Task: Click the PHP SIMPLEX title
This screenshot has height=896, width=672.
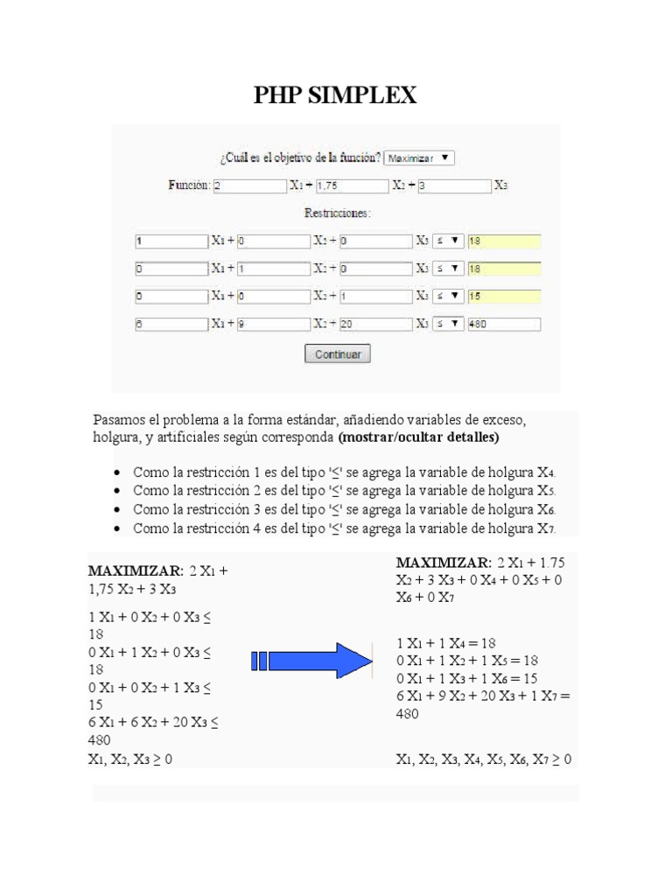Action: pyautogui.click(x=335, y=94)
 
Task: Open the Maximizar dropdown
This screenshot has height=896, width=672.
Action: pyautogui.click(x=419, y=158)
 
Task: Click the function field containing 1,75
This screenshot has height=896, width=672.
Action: pyautogui.click(x=351, y=185)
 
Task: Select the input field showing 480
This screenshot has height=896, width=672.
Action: pyautogui.click(x=504, y=324)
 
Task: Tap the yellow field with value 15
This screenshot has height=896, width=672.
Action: pyautogui.click(x=504, y=297)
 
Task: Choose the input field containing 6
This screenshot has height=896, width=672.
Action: pyautogui.click(x=170, y=324)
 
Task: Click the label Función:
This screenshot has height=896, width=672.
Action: pyautogui.click(x=189, y=185)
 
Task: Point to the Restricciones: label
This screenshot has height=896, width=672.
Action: pyautogui.click(x=337, y=213)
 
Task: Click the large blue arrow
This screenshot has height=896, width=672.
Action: pyautogui.click(x=311, y=661)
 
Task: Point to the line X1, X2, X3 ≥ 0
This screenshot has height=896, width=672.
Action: pyautogui.click(x=130, y=759)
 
